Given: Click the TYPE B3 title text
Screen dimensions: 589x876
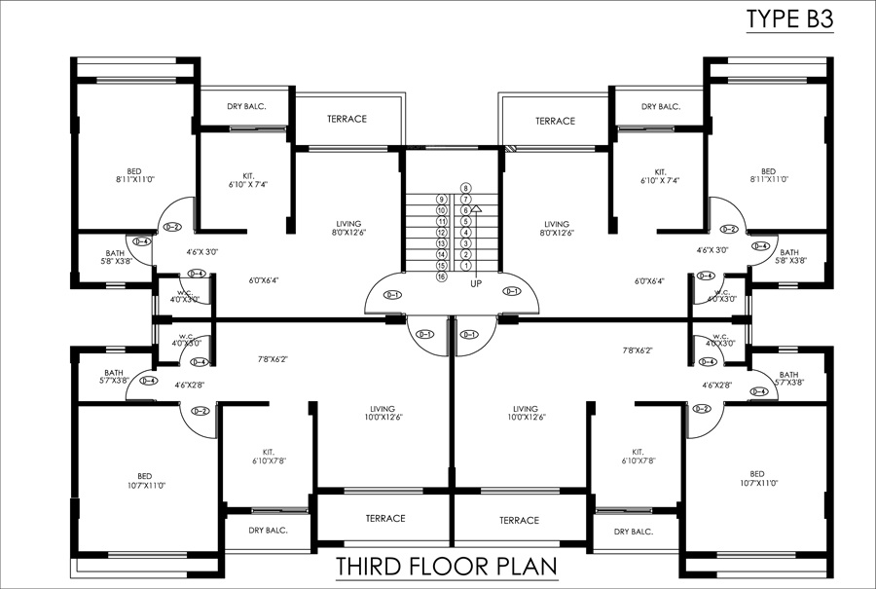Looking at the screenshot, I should point(789,18).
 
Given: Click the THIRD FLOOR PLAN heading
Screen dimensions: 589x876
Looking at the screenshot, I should point(446,567).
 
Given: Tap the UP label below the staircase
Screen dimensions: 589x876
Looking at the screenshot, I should point(476,284).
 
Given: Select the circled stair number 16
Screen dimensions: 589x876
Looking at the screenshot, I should point(441,276).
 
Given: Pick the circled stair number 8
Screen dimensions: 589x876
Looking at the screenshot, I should point(466,188).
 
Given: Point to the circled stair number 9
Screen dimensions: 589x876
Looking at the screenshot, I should point(441,199).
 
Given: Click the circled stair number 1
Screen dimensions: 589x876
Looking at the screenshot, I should point(466,265).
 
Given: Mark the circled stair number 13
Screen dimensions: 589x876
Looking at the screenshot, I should point(441,243).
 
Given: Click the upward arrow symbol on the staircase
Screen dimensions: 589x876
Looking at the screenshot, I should point(477,209).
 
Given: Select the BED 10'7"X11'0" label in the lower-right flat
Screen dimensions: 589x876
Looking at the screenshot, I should point(757,478).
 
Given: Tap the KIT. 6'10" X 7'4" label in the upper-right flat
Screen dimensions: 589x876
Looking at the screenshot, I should point(660,175).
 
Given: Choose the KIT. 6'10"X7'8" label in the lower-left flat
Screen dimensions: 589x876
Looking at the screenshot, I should point(268,456).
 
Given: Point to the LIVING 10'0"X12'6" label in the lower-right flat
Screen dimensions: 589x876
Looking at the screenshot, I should point(526,413).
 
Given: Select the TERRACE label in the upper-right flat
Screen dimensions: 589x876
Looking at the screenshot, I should point(555,121).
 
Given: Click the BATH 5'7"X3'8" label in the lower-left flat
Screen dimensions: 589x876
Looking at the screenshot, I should point(114,376).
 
